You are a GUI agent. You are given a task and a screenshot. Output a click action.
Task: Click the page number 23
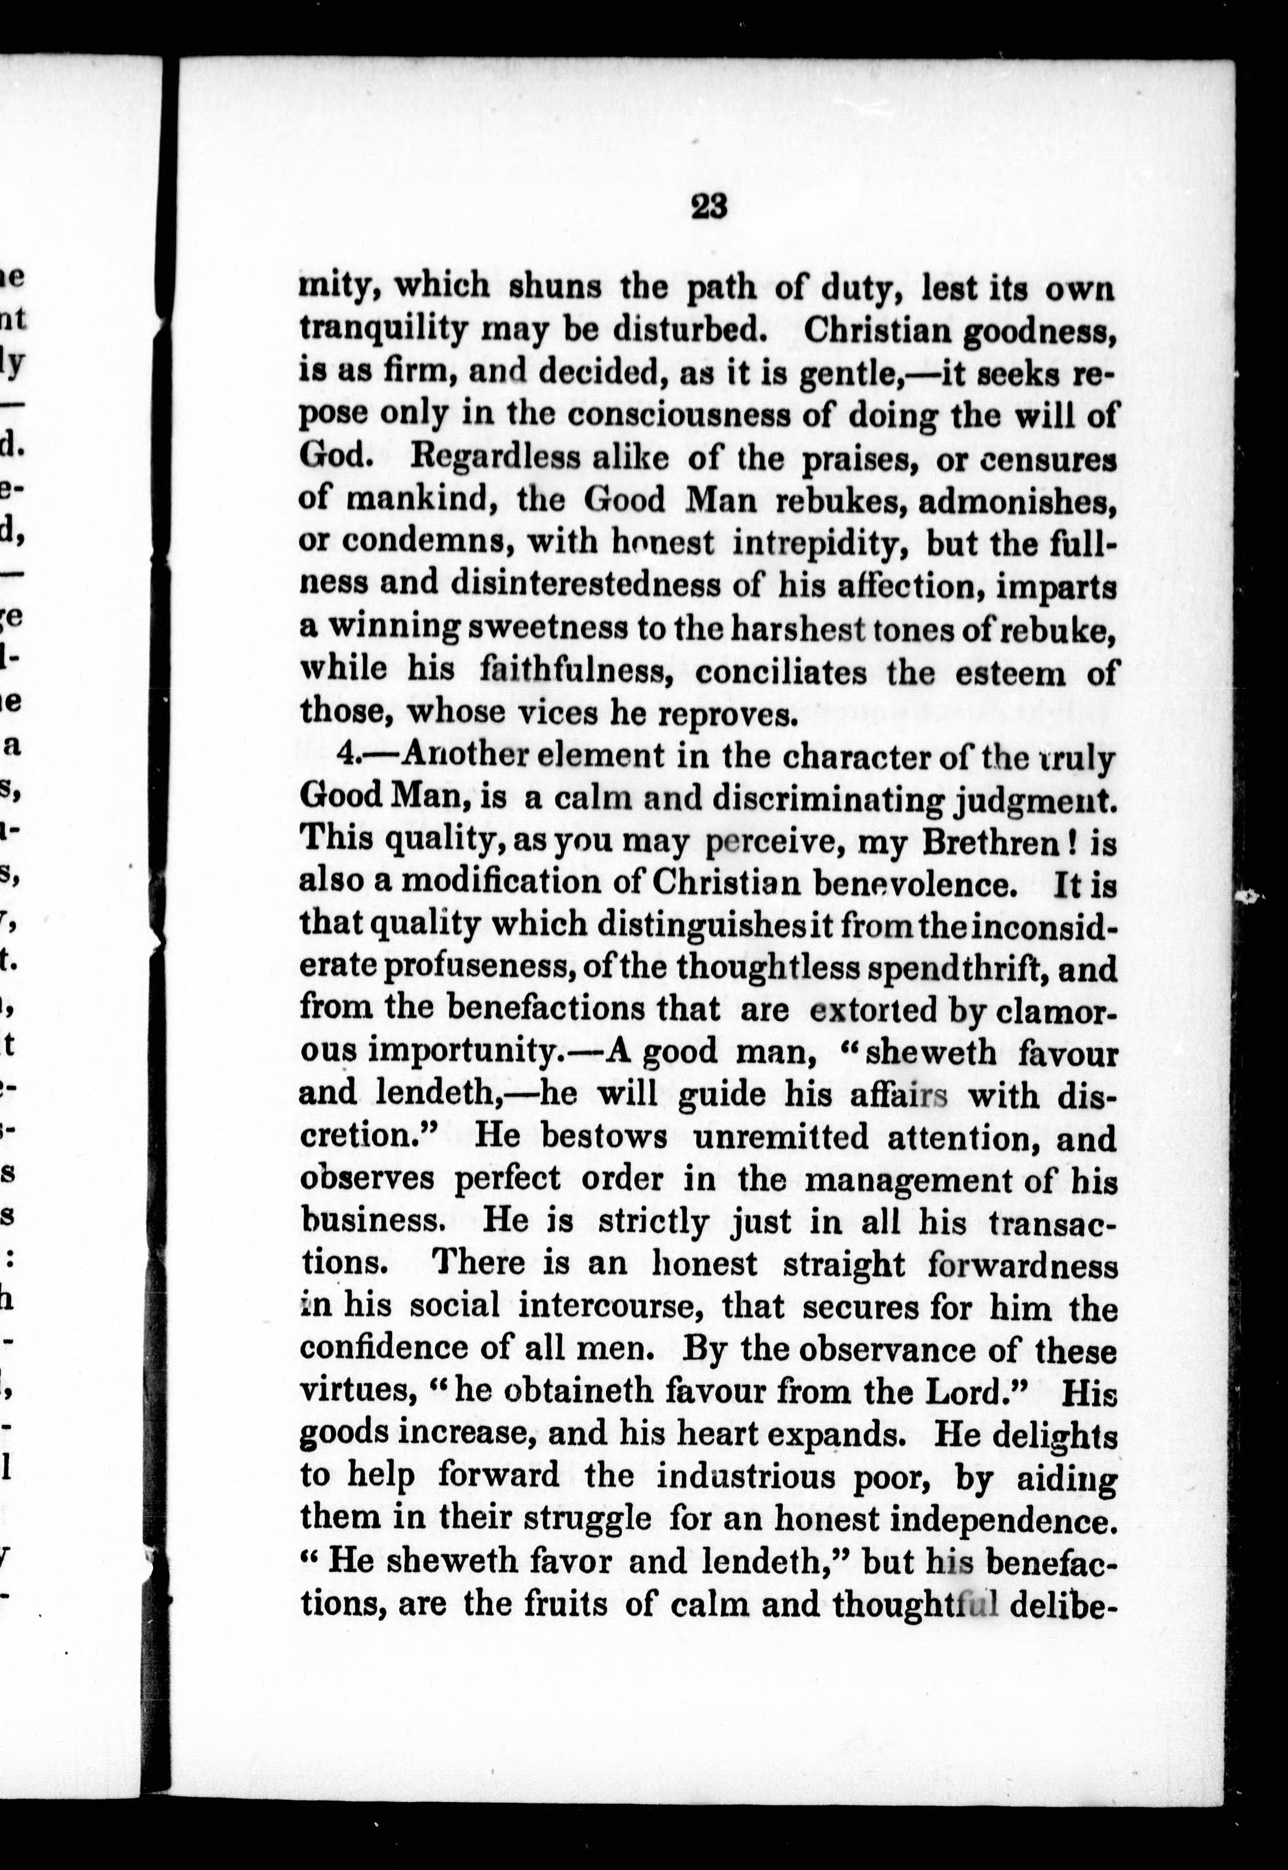click(x=710, y=207)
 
